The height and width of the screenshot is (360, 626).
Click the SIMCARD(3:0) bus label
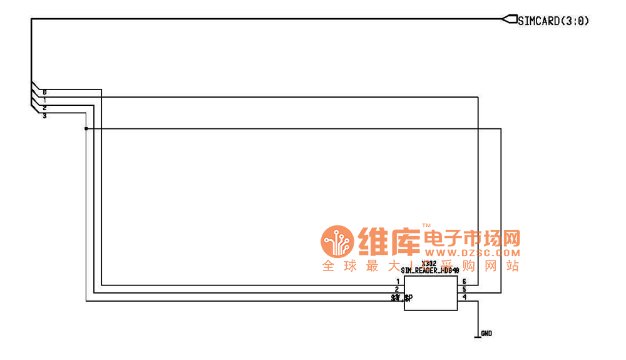pyautogui.click(x=553, y=21)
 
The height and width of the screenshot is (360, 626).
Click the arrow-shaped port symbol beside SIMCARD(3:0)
pyautogui.click(x=508, y=19)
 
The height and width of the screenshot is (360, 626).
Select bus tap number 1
pyautogui.click(x=44, y=100)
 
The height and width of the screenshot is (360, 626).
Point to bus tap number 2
pyautogui.click(x=44, y=108)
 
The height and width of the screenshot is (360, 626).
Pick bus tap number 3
pyautogui.click(x=44, y=116)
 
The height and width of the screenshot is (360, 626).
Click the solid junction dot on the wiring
pyautogui.click(x=86, y=128)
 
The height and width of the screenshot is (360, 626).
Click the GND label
pyautogui.click(x=486, y=334)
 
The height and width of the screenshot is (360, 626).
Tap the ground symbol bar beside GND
pyautogui.click(x=478, y=337)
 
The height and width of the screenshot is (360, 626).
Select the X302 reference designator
pyautogui.click(x=429, y=264)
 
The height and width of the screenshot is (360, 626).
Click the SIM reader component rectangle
pyautogui.click(x=430, y=294)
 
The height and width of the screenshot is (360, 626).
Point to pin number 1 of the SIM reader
pyautogui.click(x=398, y=282)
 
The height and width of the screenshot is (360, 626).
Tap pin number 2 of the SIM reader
pyautogui.click(x=398, y=289)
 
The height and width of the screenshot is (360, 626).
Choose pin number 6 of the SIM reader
pyautogui.click(x=464, y=282)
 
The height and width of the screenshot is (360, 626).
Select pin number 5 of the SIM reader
pyautogui.click(x=464, y=289)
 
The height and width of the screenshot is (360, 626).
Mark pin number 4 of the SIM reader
pyautogui.click(x=464, y=297)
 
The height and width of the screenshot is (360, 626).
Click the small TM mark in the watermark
pyautogui.click(x=426, y=225)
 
